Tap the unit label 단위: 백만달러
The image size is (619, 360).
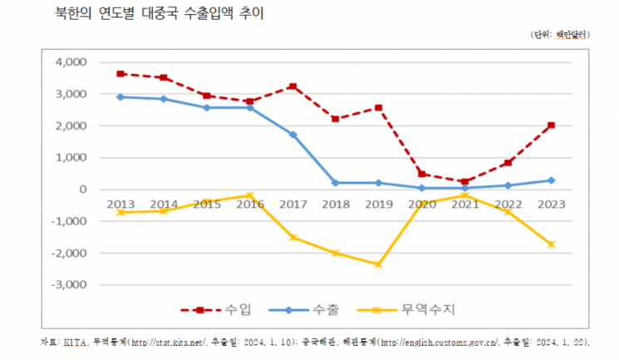[x=559, y=35]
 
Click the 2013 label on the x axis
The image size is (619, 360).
[x=120, y=205]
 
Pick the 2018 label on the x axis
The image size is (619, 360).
[x=336, y=205]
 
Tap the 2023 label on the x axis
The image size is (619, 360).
[x=551, y=205]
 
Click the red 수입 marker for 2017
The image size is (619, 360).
[x=293, y=86]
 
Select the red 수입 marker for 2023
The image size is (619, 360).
[x=552, y=126]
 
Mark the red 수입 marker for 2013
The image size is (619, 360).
[x=120, y=74]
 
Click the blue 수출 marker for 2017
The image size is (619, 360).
[x=293, y=135]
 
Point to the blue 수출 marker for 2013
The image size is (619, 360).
[x=120, y=97]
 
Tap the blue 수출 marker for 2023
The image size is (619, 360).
[x=552, y=180]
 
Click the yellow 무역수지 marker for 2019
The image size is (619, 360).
[x=379, y=264]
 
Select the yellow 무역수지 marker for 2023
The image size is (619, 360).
[x=552, y=244]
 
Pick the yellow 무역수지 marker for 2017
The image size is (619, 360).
[x=293, y=238]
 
